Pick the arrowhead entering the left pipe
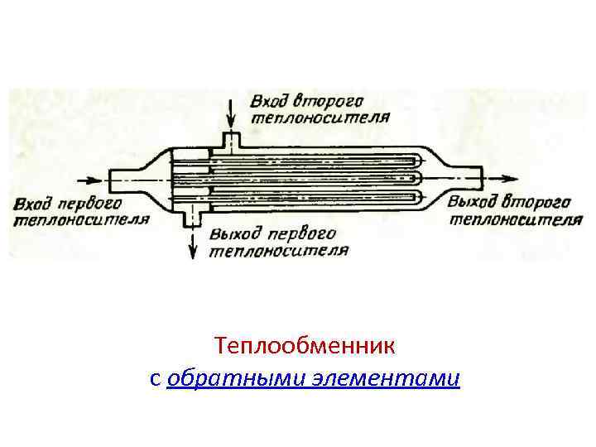103,180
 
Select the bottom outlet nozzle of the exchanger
193,217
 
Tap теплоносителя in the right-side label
511,219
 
